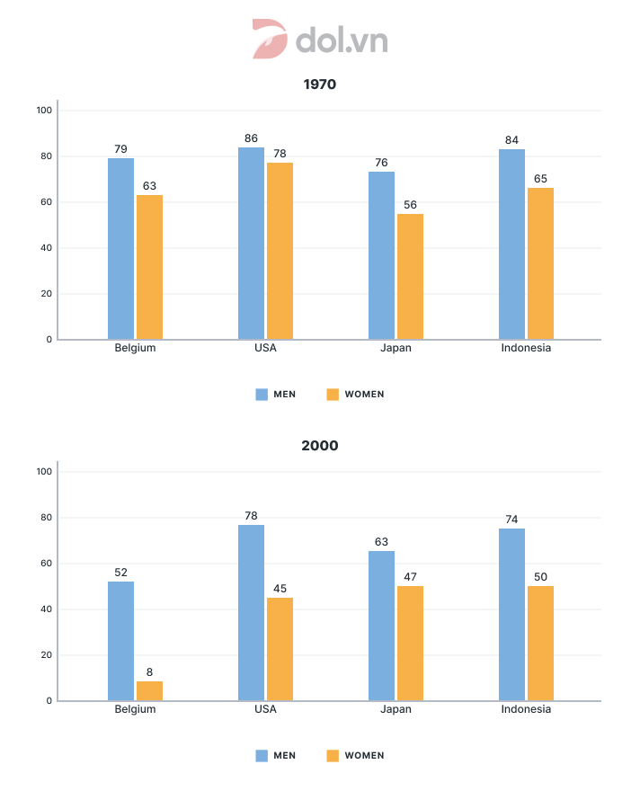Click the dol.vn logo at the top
point(320,40)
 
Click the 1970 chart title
point(320,84)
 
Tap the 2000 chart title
point(320,446)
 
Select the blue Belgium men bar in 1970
point(121,249)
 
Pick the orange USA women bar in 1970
point(280,251)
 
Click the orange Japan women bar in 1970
point(410,277)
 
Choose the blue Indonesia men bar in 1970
point(512,244)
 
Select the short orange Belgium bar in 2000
point(149,691)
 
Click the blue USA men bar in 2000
point(252,613)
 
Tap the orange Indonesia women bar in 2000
point(540,644)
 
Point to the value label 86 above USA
point(251,138)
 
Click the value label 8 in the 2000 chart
point(149,671)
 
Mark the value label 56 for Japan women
point(410,204)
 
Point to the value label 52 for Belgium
point(121,572)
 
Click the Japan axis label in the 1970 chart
point(396,348)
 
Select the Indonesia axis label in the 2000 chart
point(526,709)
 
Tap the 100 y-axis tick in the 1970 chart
point(44,111)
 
